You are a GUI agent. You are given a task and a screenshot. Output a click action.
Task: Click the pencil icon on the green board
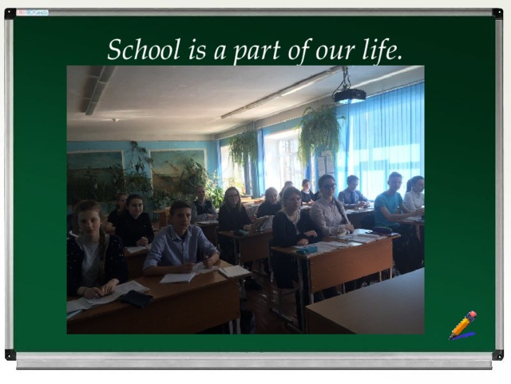[462, 325]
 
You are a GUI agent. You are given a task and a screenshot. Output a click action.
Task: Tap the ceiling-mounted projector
[349, 95]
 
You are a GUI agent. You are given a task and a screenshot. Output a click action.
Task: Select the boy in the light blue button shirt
[180, 240]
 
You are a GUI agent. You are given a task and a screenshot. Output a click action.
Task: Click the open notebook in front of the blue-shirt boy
[179, 277]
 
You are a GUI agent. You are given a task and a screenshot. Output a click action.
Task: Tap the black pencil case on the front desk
[137, 298]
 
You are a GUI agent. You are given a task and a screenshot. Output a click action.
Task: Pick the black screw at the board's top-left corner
[10, 13]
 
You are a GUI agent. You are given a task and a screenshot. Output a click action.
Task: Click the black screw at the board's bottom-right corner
[498, 354]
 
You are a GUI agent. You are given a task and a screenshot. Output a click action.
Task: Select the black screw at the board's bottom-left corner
[10, 354]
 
